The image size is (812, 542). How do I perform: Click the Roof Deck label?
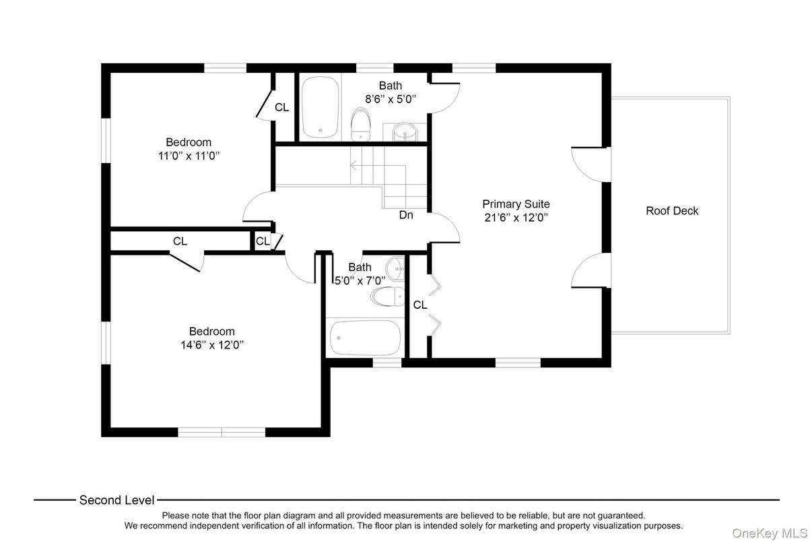(672, 211)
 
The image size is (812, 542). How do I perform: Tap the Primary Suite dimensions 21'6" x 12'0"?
(516, 218)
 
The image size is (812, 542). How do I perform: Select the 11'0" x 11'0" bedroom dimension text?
(189, 156)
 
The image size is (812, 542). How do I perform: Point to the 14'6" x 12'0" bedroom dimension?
(212, 344)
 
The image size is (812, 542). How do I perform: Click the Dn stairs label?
(406, 215)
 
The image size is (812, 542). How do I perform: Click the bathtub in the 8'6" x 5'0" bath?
(320, 107)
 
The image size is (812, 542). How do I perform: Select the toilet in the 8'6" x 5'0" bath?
(361, 124)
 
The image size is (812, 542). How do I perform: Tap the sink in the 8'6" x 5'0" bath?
(405, 132)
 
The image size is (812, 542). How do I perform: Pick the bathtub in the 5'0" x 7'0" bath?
(365, 338)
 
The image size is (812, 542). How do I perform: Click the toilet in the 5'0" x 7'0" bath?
(388, 296)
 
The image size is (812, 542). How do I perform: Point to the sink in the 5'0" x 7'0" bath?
(395, 268)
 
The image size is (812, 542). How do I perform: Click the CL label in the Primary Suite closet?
(420, 305)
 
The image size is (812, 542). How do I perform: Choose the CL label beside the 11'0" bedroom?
(281, 107)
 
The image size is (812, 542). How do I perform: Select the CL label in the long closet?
(180, 241)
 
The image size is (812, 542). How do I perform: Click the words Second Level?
(116, 500)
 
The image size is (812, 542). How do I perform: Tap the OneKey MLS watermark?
(770, 533)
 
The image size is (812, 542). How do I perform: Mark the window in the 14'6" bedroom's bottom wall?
(222, 432)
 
